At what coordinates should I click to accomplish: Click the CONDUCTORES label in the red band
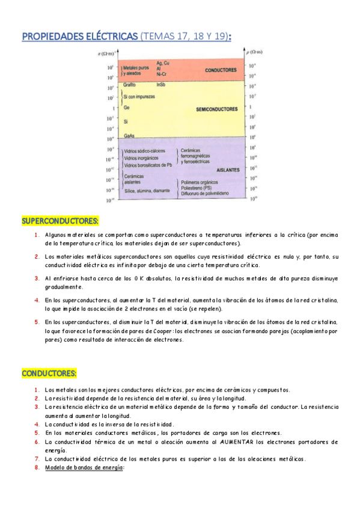221,70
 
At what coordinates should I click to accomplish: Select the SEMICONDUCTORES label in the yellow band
217,109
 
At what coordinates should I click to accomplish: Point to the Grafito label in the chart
129,85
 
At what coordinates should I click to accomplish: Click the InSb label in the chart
160,85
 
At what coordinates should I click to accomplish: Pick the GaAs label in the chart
129,137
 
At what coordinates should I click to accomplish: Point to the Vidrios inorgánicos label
142,158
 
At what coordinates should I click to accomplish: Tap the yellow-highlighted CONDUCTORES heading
49,373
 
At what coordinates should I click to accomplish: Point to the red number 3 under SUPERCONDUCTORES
37,278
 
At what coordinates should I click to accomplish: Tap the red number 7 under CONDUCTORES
37,459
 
